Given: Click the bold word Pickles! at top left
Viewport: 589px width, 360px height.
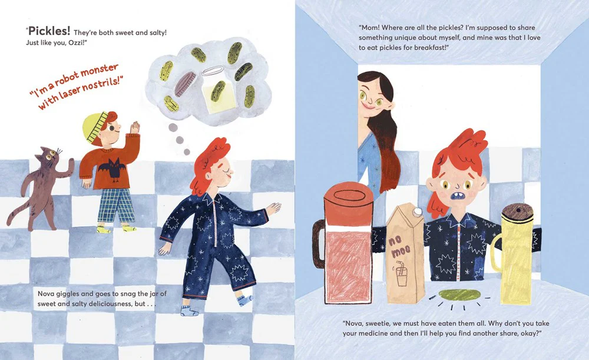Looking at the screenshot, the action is pos(49,31).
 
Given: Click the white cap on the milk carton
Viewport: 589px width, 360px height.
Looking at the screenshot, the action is pos(418,213).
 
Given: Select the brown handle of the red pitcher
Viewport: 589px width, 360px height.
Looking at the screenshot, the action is pos(318,243).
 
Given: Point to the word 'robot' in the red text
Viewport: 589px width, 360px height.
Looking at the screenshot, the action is pos(67,77).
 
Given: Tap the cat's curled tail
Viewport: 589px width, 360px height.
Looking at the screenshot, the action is pos(18,215).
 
